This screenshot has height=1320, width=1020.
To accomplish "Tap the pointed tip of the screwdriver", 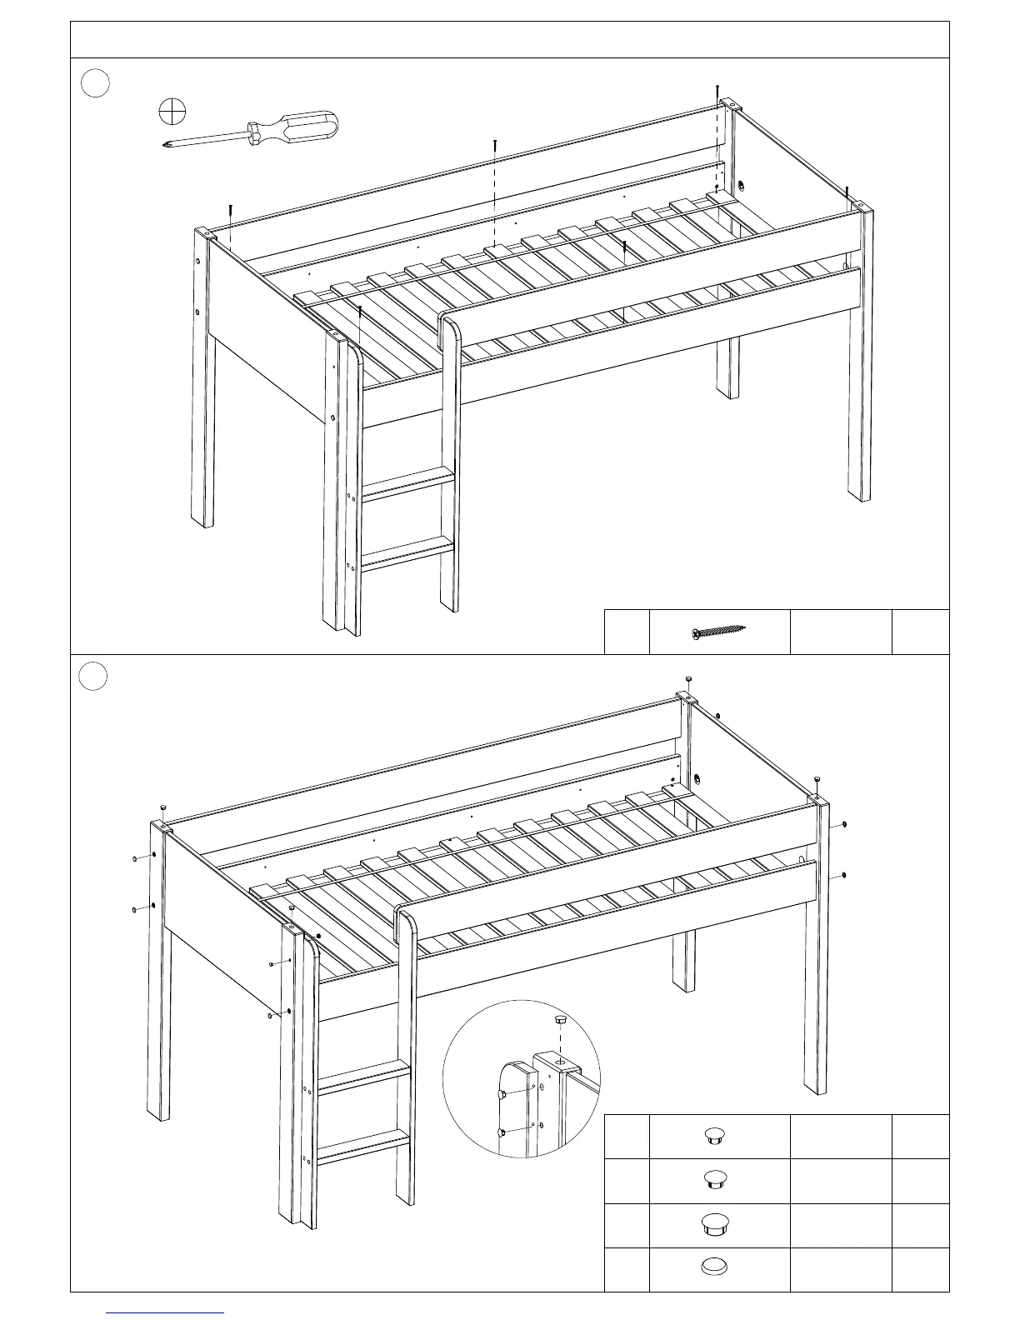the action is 164,147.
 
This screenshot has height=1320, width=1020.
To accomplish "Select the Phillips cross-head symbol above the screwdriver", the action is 172,110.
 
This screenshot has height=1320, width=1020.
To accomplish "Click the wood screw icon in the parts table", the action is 718,632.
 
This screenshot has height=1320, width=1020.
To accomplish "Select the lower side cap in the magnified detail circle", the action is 501,1132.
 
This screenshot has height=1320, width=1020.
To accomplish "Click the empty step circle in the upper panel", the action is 96,83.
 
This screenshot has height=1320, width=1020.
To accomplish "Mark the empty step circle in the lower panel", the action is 94,676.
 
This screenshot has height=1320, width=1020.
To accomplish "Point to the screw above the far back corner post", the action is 717,89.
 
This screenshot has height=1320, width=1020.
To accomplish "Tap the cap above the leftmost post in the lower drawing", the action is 164,808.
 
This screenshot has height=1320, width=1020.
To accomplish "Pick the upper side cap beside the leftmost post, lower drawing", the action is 134,858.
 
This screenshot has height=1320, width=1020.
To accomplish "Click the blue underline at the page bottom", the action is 165,1312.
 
